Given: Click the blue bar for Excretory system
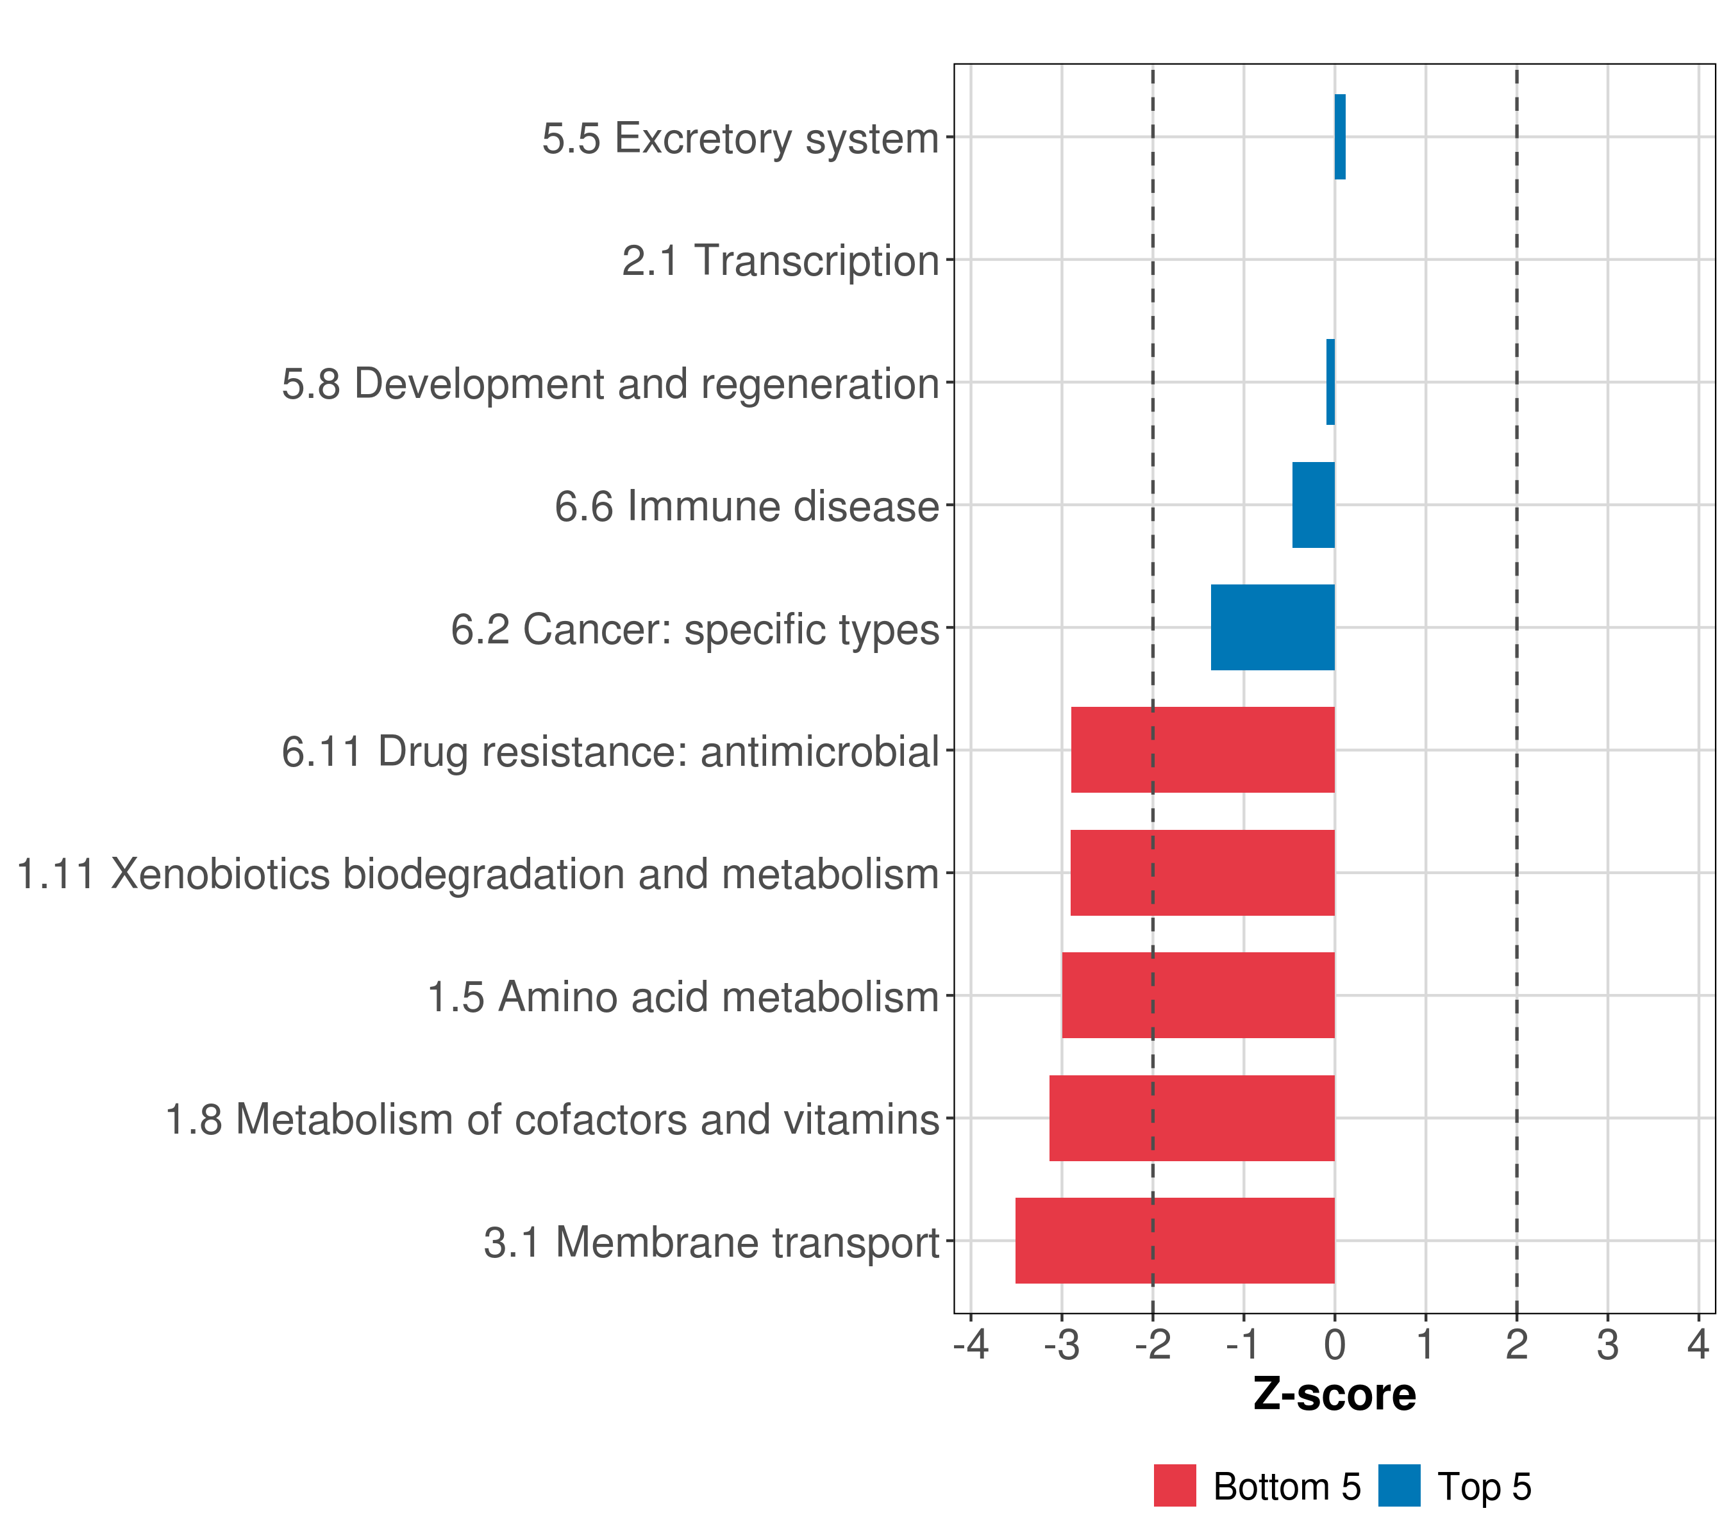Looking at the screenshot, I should (x=1340, y=136).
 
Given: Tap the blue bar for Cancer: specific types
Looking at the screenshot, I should (x=1272, y=627).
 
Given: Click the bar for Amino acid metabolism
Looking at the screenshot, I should (x=1198, y=995).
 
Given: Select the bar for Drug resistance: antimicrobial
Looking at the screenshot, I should (x=1203, y=749).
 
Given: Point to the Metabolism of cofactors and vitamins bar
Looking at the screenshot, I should (x=1192, y=1118).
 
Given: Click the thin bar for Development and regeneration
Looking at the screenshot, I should (x=1330, y=382).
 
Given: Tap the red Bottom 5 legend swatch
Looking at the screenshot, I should (x=1175, y=1485).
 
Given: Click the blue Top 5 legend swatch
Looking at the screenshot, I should (x=1399, y=1485).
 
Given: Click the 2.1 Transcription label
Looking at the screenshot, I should (x=780, y=261).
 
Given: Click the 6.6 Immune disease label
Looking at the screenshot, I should (x=747, y=506).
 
